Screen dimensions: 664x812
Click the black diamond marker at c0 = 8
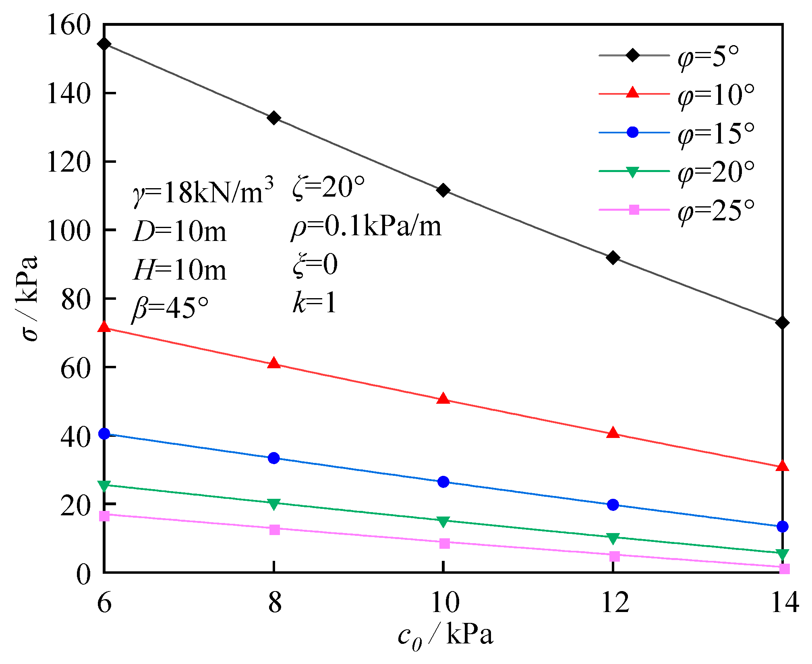274,118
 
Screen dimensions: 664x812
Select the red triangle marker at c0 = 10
443,399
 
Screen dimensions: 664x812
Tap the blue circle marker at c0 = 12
613,504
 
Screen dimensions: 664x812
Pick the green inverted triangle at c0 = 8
274,504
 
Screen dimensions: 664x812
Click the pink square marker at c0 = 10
444,543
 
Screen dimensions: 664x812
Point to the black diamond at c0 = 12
613,258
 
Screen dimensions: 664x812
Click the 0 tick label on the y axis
84,574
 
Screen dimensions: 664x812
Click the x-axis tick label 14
784,603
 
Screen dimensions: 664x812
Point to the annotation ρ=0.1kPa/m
366,227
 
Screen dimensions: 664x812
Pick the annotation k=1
314,302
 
